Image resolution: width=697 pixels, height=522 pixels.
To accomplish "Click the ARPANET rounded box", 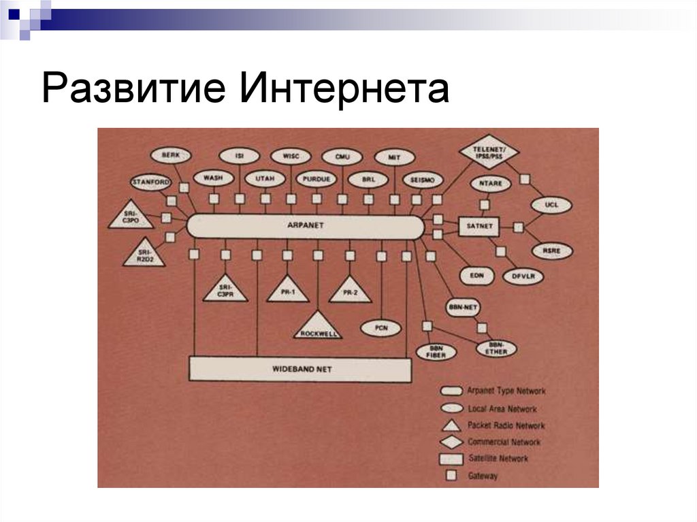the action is pos(305,225).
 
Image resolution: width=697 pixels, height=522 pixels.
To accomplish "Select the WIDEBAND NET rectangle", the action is pos(300,370).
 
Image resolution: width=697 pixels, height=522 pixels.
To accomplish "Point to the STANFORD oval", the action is pos(150,182).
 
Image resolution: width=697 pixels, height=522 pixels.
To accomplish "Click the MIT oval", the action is pos(394,156).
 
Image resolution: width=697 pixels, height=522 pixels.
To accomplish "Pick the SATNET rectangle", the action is pos(480,225).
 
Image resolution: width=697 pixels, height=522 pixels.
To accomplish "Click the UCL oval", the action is pos(551,205).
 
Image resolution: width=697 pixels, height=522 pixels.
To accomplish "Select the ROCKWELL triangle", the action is pos(317,327).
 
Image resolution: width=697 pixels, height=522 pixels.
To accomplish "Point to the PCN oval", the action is pos(382,328).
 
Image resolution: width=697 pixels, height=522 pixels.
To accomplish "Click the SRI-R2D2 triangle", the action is pos(144,254).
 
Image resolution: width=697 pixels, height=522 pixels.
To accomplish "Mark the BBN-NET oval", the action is pos(466,308).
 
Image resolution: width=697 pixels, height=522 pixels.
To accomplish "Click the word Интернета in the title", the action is pos(343,89).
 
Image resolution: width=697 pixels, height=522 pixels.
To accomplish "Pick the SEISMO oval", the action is pos(423,180).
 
